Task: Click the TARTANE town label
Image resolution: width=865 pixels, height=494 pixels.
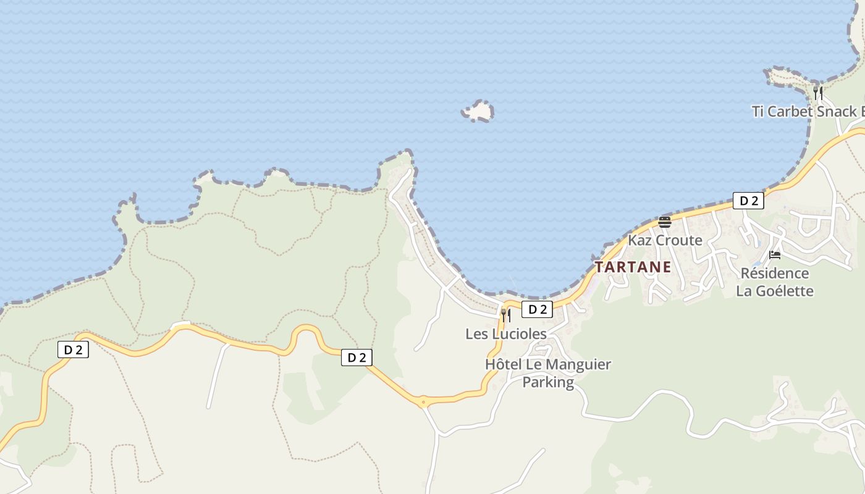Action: [x=633, y=267]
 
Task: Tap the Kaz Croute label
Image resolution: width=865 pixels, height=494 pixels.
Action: [x=665, y=240]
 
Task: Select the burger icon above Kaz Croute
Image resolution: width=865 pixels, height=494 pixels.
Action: [x=665, y=222]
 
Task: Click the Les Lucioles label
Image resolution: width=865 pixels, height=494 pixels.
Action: [x=506, y=334]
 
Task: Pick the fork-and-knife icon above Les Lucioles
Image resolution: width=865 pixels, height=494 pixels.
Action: [x=505, y=316]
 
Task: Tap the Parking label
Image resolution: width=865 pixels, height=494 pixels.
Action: [x=548, y=382]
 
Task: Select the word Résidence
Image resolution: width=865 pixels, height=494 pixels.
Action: [x=775, y=273]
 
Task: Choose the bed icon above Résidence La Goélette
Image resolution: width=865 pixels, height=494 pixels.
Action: [x=775, y=255]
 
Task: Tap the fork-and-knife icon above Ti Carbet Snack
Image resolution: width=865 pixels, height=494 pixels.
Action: [x=817, y=93]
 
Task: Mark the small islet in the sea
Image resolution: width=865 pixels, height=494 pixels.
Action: [x=478, y=111]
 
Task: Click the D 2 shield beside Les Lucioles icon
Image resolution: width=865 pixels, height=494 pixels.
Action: [x=537, y=309]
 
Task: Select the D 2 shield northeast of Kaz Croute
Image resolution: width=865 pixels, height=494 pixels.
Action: [x=748, y=201]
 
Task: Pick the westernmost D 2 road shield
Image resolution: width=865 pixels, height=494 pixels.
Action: [x=73, y=350]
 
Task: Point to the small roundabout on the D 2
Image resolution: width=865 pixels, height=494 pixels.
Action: [x=423, y=403]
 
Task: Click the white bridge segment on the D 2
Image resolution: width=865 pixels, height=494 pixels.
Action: [x=180, y=324]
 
